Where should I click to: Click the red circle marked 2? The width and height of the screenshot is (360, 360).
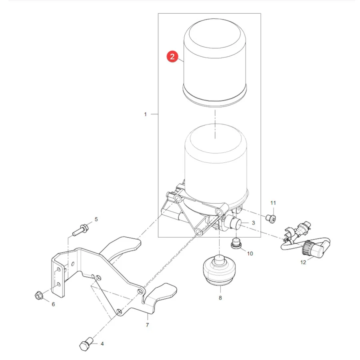click(x=172, y=56)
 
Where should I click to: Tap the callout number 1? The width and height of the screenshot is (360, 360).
click(x=145, y=114)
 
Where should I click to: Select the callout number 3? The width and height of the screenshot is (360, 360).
click(x=253, y=223)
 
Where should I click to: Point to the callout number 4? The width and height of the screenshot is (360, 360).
click(x=102, y=344)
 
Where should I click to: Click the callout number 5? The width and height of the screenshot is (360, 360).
click(x=96, y=219)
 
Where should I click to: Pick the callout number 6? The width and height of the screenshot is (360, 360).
click(x=53, y=304)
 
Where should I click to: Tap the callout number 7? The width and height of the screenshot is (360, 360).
click(x=147, y=325)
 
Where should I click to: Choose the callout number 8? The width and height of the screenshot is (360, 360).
click(x=220, y=298)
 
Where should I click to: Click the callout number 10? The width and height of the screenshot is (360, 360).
click(x=250, y=254)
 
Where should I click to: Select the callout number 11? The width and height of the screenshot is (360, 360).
click(x=273, y=203)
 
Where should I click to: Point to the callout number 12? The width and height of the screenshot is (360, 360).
click(x=303, y=262)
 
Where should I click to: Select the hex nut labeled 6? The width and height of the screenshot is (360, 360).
click(x=38, y=296)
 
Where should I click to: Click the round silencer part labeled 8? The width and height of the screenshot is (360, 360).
click(x=219, y=270)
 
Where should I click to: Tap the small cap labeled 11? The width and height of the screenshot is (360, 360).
click(x=271, y=218)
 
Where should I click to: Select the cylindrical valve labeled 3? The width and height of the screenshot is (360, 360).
click(x=232, y=224)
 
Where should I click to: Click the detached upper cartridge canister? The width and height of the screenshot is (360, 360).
click(x=215, y=63)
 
